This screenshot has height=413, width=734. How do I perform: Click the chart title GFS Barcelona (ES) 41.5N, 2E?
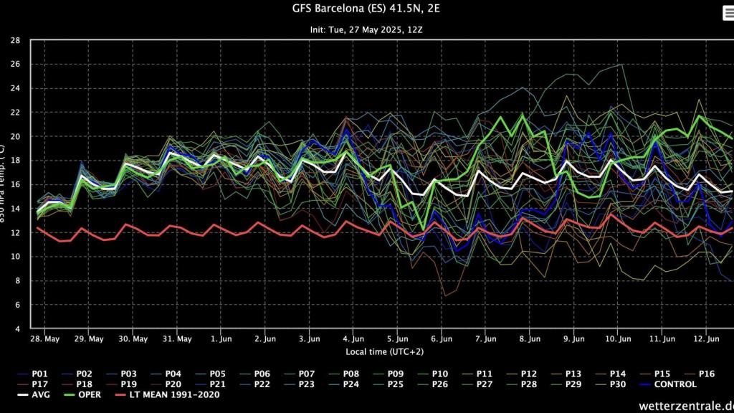tap(366, 10)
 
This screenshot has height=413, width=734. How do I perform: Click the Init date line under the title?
tap(366, 29)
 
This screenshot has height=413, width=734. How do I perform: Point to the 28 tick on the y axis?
tap(15, 40)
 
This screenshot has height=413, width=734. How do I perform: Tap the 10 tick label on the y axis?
tap(15, 257)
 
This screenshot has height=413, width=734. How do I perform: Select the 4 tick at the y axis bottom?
tap(16, 329)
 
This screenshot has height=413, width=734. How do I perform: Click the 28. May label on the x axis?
tap(44, 338)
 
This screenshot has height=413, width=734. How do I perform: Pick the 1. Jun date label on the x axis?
tap(221, 338)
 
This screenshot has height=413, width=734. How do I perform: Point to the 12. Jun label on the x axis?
tap(707, 338)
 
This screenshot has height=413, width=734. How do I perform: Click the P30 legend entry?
tap(618, 384)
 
